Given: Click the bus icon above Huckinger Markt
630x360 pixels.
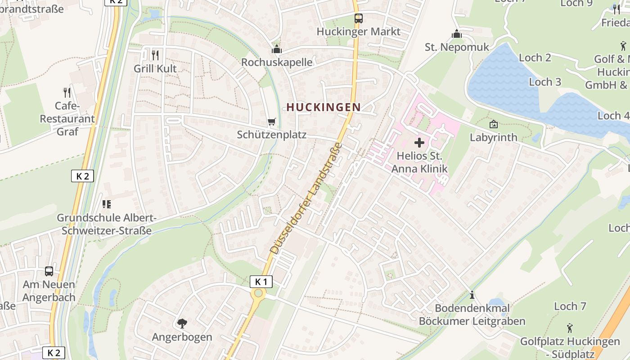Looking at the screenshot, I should pyautogui.click(x=358, y=18).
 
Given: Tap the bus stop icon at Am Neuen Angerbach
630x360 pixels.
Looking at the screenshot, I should pyautogui.click(x=49, y=271).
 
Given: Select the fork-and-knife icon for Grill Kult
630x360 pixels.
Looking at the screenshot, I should pyautogui.click(x=155, y=55).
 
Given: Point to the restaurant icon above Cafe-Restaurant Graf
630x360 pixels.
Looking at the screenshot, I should pyautogui.click(x=67, y=93).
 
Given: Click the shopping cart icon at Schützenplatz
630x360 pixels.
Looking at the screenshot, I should pyautogui.click(x=271, y=122).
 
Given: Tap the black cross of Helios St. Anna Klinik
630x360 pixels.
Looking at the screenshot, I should pyautogui.click(x=419, y=143).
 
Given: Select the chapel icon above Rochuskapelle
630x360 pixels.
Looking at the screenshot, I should pyautogui.click(x=277, y=49).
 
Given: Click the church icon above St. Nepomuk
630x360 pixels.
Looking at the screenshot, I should pyautogui.click(x=457, y=34).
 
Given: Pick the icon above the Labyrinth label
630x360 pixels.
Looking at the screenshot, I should pyautogui.click(x=493, y=124).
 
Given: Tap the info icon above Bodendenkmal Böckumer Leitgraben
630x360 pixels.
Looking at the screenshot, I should pyautogui.click(x=472, y=295).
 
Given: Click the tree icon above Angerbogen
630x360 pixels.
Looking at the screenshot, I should pyautogui.click(x=182, y=323).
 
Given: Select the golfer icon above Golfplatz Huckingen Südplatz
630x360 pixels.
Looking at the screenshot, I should pyautogui.click(x=570, y=328).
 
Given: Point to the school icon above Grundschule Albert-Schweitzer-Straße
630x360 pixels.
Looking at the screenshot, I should pyautogui.click(x=107, y=204).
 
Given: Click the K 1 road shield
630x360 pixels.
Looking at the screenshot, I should pyautogui.click(x=261, y=282).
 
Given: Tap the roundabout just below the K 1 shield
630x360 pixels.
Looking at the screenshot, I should pyautogui.click(x=258, y=294).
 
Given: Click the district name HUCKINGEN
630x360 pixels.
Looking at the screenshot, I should pyautogui.click(x=324, y=107).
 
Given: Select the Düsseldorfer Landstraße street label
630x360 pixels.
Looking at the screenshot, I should pyautogui.click(x=306, y=198).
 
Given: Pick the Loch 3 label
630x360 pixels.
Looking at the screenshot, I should pyautogui.click(x=545, y=82).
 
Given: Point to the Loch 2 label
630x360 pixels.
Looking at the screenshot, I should pyautogui.click(x=535, y=58).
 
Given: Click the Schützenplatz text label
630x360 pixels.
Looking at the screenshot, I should pyautogui.click(x=271, y=135).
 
